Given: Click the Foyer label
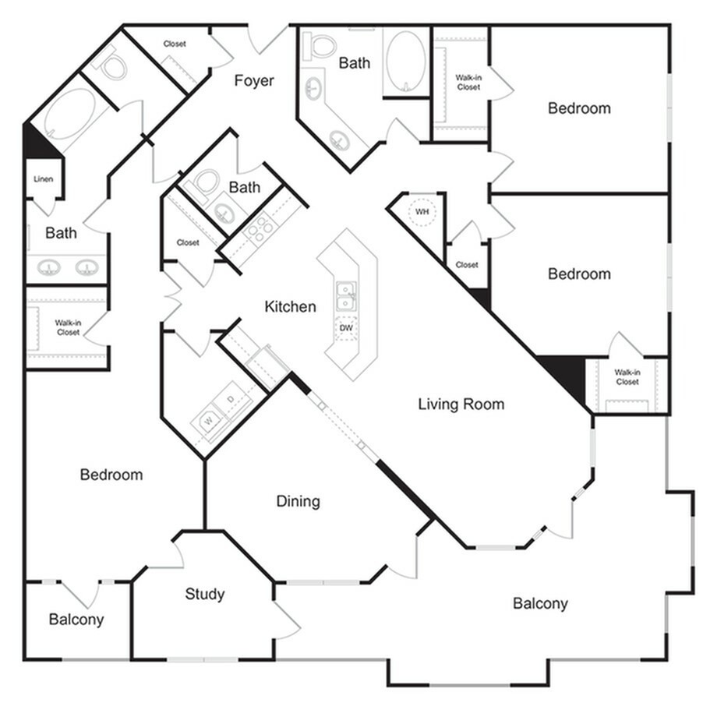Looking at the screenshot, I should tap(254, 80).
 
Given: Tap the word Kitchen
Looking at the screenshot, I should tap(290, 306).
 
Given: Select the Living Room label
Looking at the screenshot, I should tap(461, 404).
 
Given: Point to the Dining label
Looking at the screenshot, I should tap(298, 501).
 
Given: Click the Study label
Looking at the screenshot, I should tap(204, 594).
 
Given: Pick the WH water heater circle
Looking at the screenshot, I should tap(422, 212).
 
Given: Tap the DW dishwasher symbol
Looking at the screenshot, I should tap(346, 329).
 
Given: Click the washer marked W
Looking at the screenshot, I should tap(208, 422).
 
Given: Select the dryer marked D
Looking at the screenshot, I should tap(229, 400).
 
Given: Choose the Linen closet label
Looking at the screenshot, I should tap(43, 179).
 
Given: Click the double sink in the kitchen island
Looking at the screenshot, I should tap(346, 297).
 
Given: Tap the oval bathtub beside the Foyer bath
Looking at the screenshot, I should tap(405, 60).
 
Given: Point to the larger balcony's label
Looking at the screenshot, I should tap(540, 603).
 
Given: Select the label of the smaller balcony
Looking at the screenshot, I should tap(76, 620).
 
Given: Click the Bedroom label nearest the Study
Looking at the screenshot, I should tap(111, 475).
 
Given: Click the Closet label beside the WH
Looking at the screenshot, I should tap(467, 265).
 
